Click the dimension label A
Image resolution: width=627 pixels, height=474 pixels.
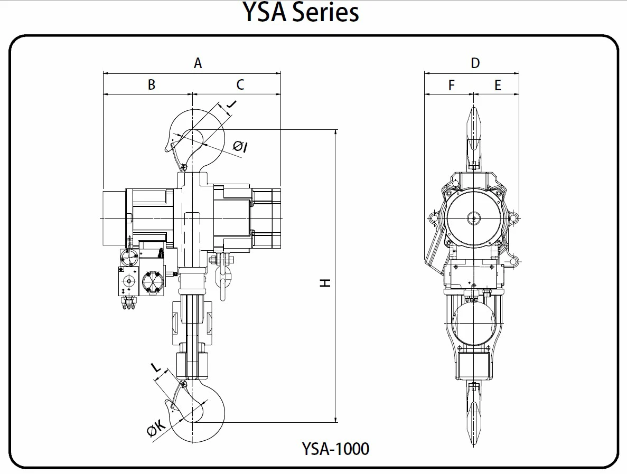pyautogui.click(x=198, y=63)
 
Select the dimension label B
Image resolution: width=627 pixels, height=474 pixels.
pyautogui.click(x=151, y=84)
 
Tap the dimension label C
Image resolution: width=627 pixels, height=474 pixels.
pyautogui.click(x=240, y=84)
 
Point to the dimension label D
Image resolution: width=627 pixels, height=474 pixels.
pyautogui.click(x=475, y=63)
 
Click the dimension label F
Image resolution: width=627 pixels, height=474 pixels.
pyautogui.click(x=451, y=85)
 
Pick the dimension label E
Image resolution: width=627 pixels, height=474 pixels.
pyautogui.click(x=498, y=85)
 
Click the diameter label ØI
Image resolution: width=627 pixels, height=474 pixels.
pyautogui.click(x=240, y=146)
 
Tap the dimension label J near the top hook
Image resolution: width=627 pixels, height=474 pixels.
pyautogui.click(x=230, y=105)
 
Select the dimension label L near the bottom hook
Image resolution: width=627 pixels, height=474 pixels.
pyautogui.click(x=156, y=367)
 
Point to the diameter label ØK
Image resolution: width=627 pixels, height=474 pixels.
pyautogui.click(x=157, y=430)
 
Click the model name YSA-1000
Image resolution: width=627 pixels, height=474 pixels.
pyautogui.click(x=335, y=449)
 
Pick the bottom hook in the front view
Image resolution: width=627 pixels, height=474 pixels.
pyautogui.click(x=474, y=412)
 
